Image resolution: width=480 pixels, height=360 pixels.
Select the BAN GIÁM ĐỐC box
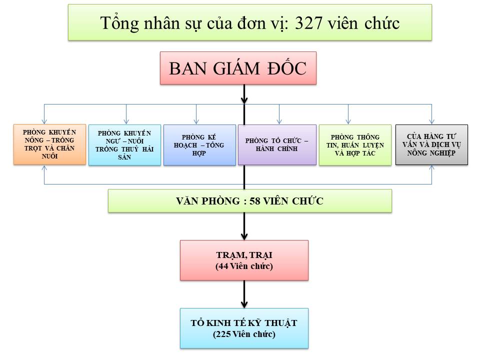[238, 68]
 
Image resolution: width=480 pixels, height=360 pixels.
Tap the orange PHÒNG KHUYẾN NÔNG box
[49, 144]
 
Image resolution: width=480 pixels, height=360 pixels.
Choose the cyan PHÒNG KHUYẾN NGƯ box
[124, 145]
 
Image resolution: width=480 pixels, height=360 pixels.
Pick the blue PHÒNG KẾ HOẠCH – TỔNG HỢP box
[199, 145]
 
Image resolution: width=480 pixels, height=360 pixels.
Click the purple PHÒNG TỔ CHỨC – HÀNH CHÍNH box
[277, 145]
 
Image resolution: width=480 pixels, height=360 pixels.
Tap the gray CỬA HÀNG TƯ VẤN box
[431, 145]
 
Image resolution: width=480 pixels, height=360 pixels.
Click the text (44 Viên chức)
[244, 266]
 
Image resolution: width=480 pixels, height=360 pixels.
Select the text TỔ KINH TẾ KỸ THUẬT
[244, 323]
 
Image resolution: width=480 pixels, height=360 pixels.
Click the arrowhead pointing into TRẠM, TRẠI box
[244, 236]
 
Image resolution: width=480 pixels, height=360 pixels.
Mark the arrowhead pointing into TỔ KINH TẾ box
[244, 304]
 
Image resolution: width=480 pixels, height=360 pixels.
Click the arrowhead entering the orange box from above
[44, 121]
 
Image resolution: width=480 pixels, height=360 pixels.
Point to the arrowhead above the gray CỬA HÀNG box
[431, 121]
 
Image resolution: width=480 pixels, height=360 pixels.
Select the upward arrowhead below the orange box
[44, 168]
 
